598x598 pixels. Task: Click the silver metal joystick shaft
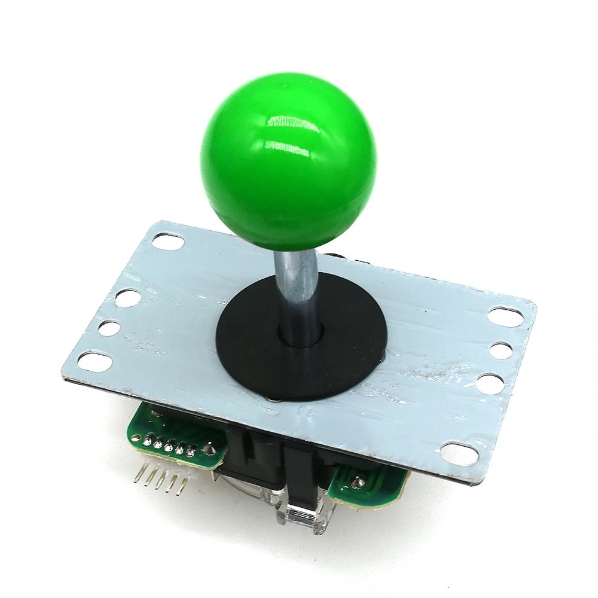click(297, 287)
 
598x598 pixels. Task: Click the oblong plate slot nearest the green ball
click(168, 241)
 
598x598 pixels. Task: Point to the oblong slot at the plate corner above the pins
click(94, 361)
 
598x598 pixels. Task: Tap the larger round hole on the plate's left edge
click(127, 298)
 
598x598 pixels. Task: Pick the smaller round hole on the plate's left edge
click(110, 328)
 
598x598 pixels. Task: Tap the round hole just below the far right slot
click(501, 350)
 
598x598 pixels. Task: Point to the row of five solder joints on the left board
click(169, 445)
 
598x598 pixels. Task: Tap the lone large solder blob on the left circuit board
click(209, 448)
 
